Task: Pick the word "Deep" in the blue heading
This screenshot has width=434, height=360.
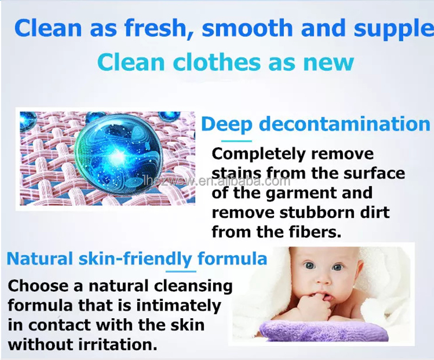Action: tap(227, 125)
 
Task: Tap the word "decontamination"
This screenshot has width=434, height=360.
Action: tap(344, 124)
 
